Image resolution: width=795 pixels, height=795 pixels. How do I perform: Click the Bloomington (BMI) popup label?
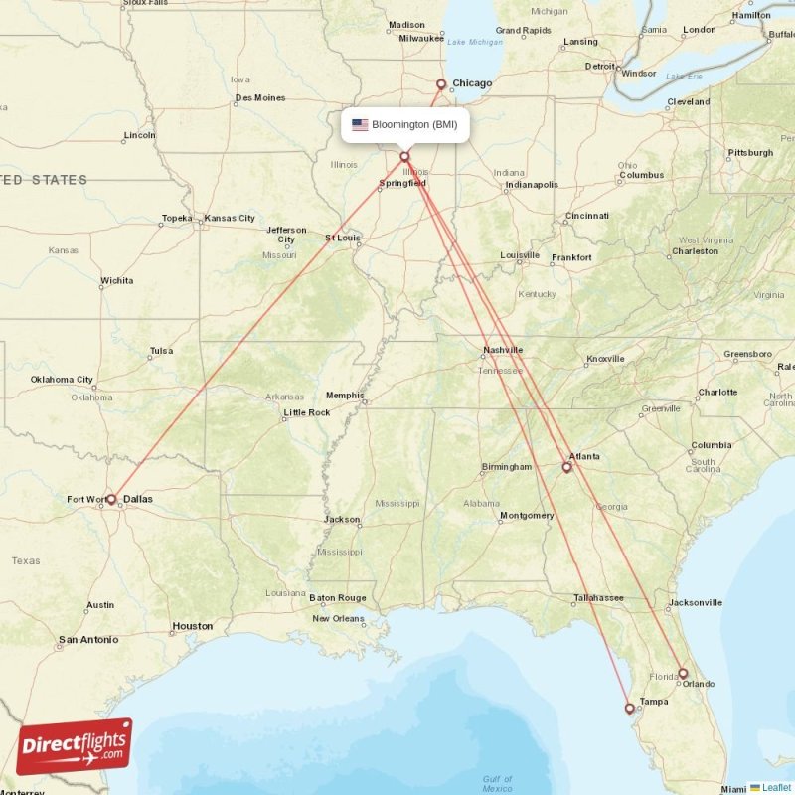click(413, 125)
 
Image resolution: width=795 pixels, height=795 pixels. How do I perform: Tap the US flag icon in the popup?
click(360, 125)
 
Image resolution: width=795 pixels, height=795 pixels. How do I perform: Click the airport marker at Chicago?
click(442, 84)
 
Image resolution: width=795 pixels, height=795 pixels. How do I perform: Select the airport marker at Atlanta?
click(567, 467)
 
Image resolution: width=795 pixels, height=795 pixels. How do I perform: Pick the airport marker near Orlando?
click(683, 673)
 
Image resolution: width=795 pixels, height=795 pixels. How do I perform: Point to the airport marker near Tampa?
click(629, 709)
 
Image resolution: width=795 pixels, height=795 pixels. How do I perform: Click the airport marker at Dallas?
click(111, 499)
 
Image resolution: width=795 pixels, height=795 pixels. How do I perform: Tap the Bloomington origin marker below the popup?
click(404, 156)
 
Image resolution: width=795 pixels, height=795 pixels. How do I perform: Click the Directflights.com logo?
click(75, 746)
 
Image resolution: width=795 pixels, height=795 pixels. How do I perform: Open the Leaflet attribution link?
click(775, 787)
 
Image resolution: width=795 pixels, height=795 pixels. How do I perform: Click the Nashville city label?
click(503, 350)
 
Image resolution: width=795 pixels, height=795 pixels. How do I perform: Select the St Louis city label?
click(342, 238)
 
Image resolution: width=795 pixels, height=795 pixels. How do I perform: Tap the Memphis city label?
click(345, 395)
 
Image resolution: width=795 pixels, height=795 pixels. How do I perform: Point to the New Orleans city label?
click(339, 618)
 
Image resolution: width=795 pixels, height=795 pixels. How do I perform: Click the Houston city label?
click(193, 626)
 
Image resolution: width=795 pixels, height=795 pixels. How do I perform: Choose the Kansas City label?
click(230, 218)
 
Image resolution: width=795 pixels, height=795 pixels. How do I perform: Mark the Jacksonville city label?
click(696, 602)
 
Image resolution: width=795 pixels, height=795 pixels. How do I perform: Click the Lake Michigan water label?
click(475, 42)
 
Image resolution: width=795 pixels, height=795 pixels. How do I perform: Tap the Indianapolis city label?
click(532, 185)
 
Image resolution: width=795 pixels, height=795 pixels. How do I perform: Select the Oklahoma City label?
click(62, 379)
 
